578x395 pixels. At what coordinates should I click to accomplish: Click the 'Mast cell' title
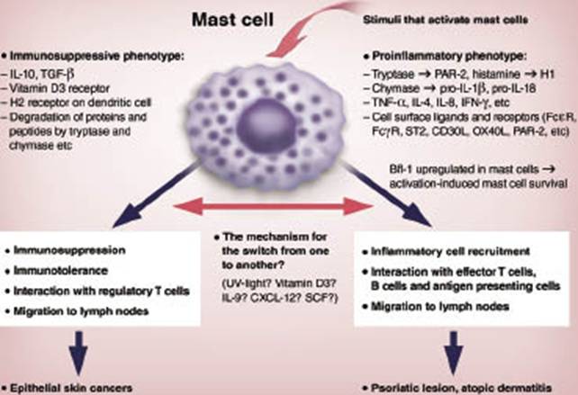click(240, 17)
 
